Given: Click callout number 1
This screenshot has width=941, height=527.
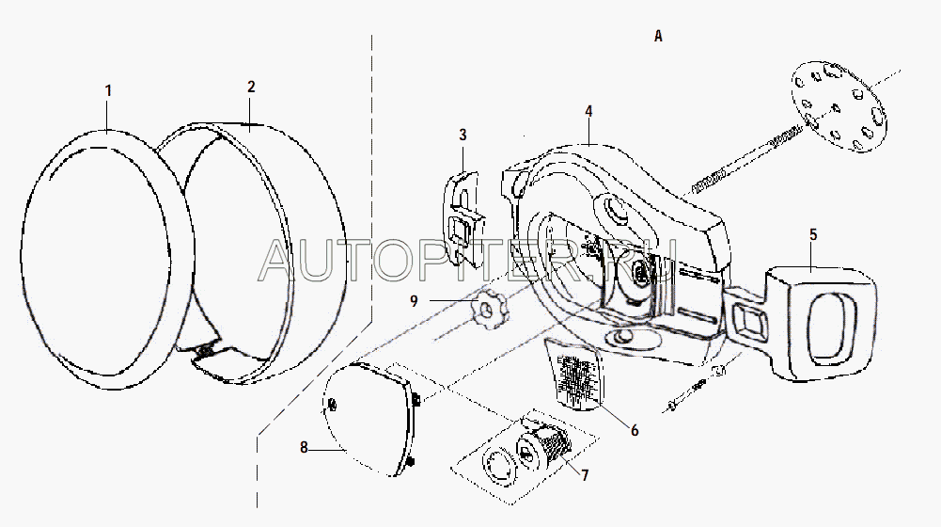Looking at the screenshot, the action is (108, 91).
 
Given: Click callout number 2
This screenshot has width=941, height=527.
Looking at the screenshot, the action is (251, 87).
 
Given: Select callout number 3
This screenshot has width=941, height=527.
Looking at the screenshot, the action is (463, 136).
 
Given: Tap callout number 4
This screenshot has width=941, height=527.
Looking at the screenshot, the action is (588, 111).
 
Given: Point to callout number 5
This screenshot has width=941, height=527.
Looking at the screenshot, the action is (813, 234).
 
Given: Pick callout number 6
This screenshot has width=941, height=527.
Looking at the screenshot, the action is (635, 430).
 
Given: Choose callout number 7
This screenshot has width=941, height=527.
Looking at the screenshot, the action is (585, 474).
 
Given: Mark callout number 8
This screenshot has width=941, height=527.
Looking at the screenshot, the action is (305, 448).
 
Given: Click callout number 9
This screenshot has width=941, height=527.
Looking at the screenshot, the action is (414, 300).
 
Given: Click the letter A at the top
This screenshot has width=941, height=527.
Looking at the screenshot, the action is (658, 37).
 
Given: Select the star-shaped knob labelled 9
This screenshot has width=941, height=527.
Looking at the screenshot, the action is (484, 307).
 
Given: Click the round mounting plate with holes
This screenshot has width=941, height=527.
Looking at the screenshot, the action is (839, 106).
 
